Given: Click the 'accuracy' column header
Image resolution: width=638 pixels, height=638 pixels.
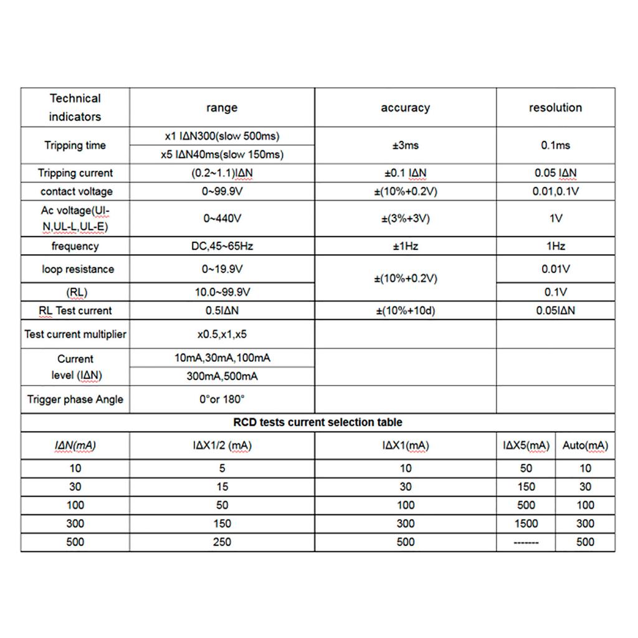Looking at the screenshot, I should pos(405,108).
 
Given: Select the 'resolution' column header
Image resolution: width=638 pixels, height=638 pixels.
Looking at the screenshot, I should pos(555,108).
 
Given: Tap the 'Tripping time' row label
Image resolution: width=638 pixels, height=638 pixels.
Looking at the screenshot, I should pos(75,145).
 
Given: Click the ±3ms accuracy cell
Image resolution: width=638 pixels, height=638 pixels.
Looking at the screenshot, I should pos(405,145).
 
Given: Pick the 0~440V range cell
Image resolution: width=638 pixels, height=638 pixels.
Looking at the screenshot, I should pos(222,219).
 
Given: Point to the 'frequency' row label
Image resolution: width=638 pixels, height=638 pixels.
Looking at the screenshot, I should pos(75,246).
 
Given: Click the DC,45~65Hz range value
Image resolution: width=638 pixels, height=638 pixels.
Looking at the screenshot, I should pos(222,246).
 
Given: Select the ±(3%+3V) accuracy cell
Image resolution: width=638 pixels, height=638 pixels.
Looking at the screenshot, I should pos(405,219).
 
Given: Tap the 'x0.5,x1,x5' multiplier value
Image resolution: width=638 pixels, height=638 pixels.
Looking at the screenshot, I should pos(222,335).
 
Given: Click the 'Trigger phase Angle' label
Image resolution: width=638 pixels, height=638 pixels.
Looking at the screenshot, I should pos(75,399).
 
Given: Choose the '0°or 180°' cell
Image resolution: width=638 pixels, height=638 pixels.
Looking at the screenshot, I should pos(222,399).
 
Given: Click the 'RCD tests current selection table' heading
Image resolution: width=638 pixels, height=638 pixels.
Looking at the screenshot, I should pos(318,422).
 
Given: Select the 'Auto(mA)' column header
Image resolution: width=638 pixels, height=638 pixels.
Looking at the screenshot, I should pos(585,445).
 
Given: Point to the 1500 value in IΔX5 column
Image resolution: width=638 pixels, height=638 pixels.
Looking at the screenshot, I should pos(526,523).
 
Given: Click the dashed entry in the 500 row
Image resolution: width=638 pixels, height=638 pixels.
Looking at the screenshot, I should pos(526,543).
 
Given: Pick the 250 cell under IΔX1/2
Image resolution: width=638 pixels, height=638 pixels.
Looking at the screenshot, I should pos(222,542).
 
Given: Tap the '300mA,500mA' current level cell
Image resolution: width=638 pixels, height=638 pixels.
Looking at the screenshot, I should pos(222,376).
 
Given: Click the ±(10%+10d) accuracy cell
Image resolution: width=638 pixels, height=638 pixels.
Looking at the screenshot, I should pos(405,310).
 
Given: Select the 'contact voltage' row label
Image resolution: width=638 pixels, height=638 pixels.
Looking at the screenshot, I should pos(75,191).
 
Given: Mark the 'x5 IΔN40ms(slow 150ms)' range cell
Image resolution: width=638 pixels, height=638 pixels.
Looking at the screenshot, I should pos(222,155).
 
